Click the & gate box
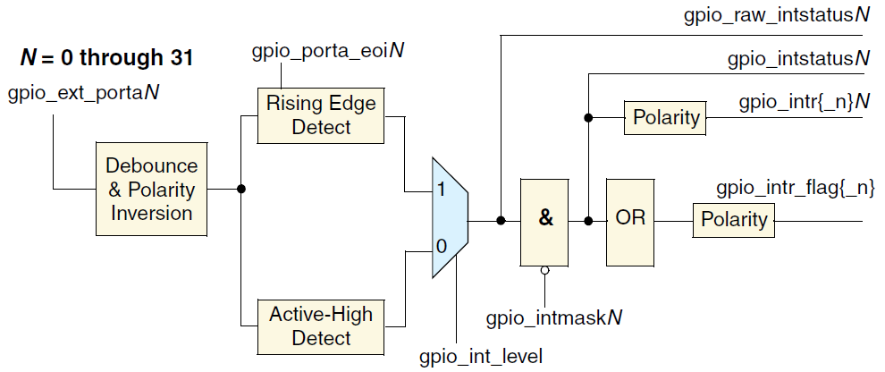544,221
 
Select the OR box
631,221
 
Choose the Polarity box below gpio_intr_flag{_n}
734,220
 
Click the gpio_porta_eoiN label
326,51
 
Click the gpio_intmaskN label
555,317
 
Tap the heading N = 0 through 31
107,59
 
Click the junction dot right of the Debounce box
240,190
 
